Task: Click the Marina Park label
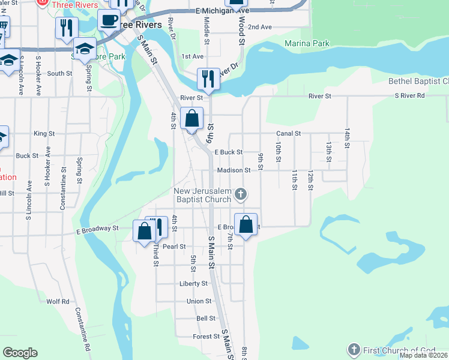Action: [307, 44]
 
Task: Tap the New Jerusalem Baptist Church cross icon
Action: [240, 193]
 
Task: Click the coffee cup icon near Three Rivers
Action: [109, 20]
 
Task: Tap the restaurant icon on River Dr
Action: [208, 78]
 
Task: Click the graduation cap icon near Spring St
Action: [85, 47]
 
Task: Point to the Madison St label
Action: [234, 170]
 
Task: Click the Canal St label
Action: [288, 133]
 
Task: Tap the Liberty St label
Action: [193, 283]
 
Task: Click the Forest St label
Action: [206, 337]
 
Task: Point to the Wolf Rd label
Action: [58, 301]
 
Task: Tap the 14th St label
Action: [347, 137]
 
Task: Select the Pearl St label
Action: [174, 247]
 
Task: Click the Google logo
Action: [20, 353]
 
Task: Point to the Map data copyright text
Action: [423, 355]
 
